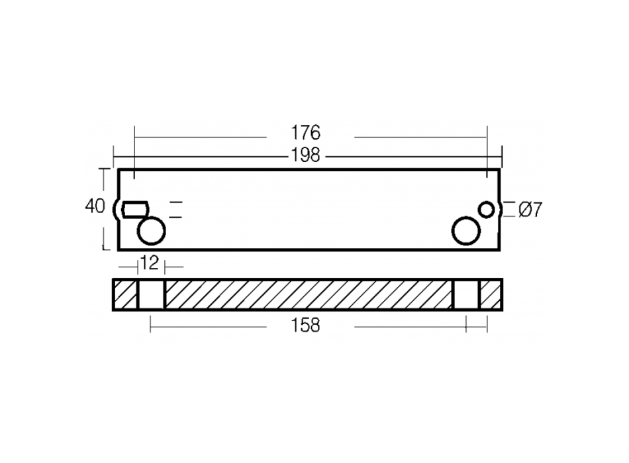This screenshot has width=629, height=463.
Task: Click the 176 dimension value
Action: tap(306, 133)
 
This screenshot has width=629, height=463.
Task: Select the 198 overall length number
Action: tap(306, 155)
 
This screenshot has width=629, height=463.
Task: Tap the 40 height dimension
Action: tap(95, 206)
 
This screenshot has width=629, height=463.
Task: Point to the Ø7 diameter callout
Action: tap(530, 210)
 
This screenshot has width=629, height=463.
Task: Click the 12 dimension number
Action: tap(149, 263)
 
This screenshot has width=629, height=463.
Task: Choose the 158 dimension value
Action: tap(306, 325)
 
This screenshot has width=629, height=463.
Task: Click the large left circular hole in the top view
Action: tap(151, 231)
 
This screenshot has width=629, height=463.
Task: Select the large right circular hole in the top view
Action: tap(466, 231)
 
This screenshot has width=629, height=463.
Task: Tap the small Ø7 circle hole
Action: tap(487, 210)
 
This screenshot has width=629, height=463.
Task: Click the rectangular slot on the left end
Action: tap(136, 209)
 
